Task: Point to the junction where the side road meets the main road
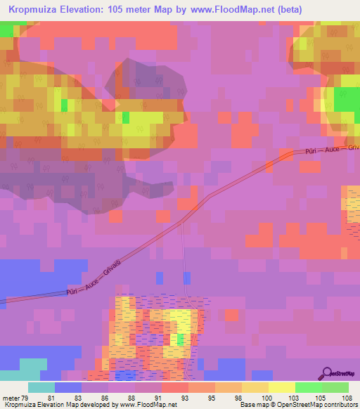[183, 221]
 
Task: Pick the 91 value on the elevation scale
[147, 398]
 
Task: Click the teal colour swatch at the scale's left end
[41, 387]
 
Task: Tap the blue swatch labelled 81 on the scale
[68, 387]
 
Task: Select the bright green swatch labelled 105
[309, 387]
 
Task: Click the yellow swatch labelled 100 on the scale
[255, 387]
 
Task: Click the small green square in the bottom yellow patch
[181, 339]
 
